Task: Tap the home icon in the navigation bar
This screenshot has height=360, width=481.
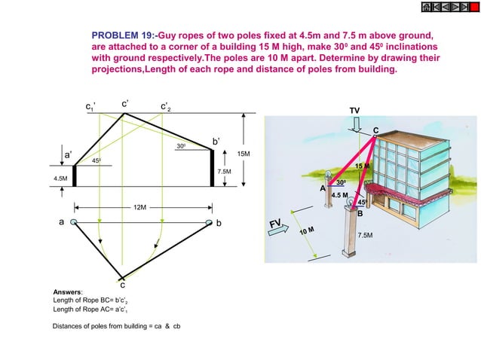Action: pyautogui.click(x=427, y=7)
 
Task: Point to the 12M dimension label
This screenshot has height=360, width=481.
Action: pyautogui.click(x=139, y=206)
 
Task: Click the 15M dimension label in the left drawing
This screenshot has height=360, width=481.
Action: pyautogui.click(x=243, y=154)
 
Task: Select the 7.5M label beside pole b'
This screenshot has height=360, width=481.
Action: pyautogui.click(x=223, y=172)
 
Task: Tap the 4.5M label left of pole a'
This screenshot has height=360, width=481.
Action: pyautogui.click(x=60, y=178)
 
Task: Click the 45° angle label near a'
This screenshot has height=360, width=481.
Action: pyautogui.click(x=97, y=160)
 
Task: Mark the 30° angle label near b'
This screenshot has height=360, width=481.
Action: pyautogui.click(x=181, y=145)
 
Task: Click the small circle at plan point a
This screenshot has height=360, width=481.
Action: pyautogui.click(x=73, y=223)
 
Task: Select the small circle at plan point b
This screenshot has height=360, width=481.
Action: pyautogui.click(x=210, y=223)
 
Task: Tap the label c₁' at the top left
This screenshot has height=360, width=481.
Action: pyautogui.click(x=90, y=106)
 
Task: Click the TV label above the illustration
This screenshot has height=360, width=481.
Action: pyautogui.click(x=354, y=111)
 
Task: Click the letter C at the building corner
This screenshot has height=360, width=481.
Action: pyautogui.click(x=375, y=130)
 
